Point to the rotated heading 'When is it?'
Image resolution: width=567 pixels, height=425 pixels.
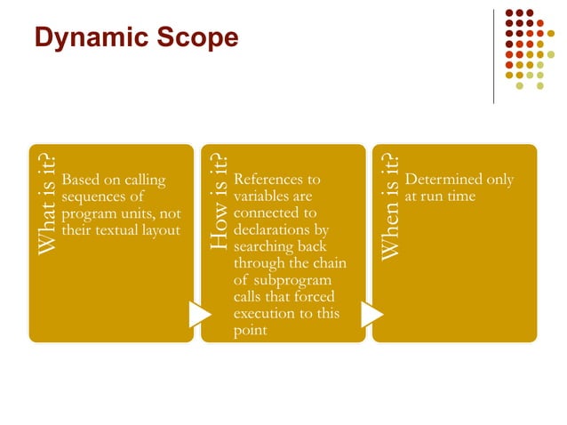[388, 204]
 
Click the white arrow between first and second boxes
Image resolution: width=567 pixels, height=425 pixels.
[199, 314]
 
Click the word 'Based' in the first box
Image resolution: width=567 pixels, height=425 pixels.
[82, 180]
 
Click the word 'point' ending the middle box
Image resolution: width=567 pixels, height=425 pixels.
[249, 331]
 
